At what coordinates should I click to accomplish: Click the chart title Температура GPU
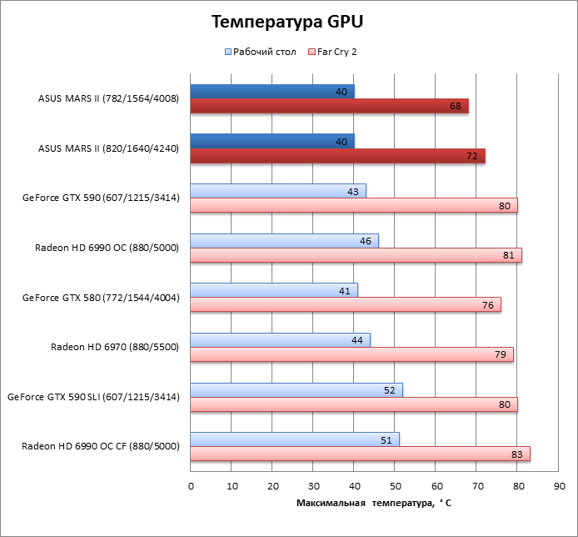click(287, 21)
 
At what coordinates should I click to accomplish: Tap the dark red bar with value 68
click(329, 106)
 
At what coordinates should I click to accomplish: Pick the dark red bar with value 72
click(337, 156)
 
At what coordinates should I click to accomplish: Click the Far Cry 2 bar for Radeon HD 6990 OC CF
click(360, 454)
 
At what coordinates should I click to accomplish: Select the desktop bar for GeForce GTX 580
click(274, 290)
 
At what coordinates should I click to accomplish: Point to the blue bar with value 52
click(296, 389)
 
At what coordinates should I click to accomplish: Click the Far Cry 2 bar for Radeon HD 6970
click(351, 354)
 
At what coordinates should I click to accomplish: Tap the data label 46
click(364, 241)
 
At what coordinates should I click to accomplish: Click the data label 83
click(516, 454)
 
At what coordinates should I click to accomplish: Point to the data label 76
click(488, 305)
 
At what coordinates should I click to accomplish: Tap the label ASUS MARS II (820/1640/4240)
click(108, 148)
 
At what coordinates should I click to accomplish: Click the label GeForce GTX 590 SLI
click(93, 397)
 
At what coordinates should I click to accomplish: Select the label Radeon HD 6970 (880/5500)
click(115, 347)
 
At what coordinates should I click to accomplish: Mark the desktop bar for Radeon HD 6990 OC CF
click(295, 439)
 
